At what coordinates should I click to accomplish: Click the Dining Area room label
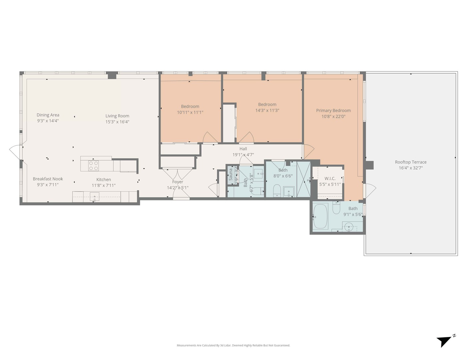click(48, 115)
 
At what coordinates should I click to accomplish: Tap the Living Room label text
click(117, 116)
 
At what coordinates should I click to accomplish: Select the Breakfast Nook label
click(48, 179)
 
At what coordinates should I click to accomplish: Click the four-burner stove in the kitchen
click(94, 166)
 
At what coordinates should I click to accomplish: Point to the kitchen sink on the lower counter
click(94, 197)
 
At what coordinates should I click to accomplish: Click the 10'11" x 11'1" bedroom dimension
click(190, 113)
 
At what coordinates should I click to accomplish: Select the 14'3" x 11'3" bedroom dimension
click(267, 110)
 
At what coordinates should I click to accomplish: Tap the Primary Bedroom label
click(333, 111)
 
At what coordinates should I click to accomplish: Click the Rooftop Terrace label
click(411, 162)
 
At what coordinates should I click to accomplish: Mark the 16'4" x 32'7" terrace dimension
click(411, 168)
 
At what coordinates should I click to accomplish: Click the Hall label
click(243, 149)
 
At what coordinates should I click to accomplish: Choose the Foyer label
click(178, 182)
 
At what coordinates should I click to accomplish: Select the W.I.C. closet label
click(330, 179)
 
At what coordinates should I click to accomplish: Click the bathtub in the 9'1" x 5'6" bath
click(321, 217)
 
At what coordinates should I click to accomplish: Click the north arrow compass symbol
click(445, 341)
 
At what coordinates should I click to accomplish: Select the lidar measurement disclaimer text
click(233, 345)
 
